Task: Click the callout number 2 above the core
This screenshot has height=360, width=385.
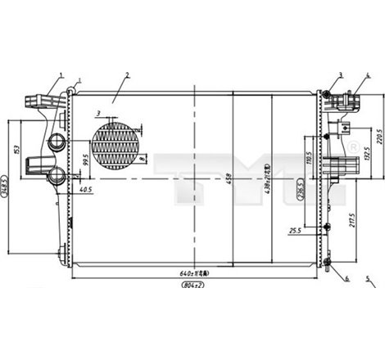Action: tap(128, 75)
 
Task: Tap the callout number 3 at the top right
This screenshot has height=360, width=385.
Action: tap(339, 75)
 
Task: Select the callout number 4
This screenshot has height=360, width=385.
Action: tap(368, 75)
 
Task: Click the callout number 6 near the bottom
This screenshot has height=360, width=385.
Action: tap(346, 278)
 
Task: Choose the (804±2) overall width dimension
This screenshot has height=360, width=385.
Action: tap(193, 286)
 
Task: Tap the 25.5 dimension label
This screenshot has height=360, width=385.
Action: tap(295, 232)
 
